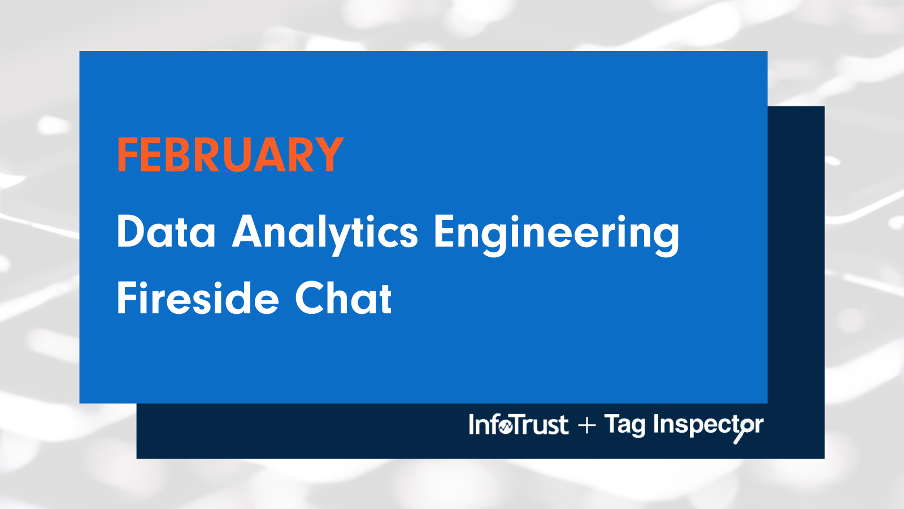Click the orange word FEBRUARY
click(x=230, y=155)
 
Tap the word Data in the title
click(x=166, y=232)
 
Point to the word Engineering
click(x=556, y=233)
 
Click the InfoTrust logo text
click(x=518, y=425)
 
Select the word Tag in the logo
click(x=624, y=425)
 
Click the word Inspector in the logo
click(x=708, y=425)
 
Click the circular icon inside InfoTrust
click(x=505, y=426)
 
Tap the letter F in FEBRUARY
click(x=127, y=155)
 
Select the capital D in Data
click(x=130, y=232)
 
